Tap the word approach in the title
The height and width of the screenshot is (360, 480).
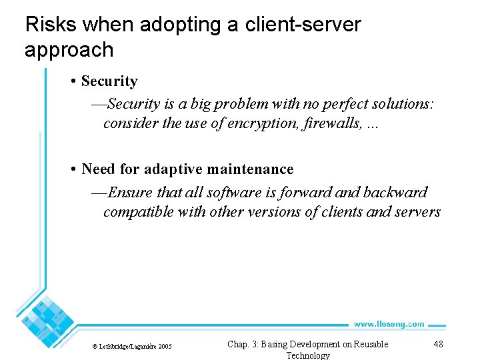point(69,50)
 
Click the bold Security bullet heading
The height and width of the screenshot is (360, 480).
point(109,81)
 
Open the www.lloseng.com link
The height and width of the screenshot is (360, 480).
point(389,324)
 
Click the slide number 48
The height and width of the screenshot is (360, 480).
point(438,344)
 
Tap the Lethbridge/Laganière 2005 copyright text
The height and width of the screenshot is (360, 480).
point(132,347)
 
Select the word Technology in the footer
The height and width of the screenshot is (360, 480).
point(308,355)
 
